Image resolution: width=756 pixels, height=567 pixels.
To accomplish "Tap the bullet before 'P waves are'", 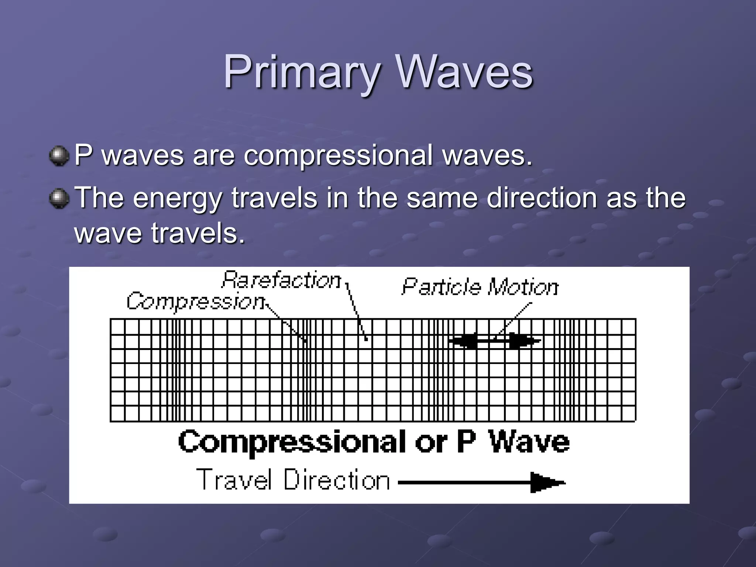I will click(59, 156).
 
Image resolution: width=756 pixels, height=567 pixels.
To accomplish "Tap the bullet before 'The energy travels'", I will click(59, 199).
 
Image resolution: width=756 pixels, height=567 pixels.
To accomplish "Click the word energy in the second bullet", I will click(177, 199).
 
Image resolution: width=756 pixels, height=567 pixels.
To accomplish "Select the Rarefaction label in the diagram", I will click(281, 281).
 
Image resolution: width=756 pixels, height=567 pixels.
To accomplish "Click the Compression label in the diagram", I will click(196, 301).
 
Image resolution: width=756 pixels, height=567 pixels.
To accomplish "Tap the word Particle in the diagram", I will click(441, 287).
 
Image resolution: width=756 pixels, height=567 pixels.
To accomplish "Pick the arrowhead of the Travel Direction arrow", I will click(546, 482).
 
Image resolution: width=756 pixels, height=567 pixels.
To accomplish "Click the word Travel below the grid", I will click(234, 480).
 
